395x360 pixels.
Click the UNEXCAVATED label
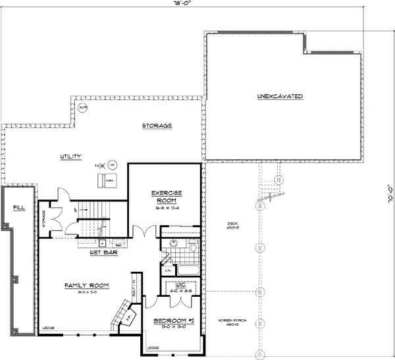click(x=280, y=97)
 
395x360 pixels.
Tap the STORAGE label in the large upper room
click(x=157, y=125)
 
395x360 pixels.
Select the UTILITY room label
click(x=71, y=156)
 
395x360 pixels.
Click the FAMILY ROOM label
click(x=86, y=286)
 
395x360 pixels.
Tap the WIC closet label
click(x=178, y=286)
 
